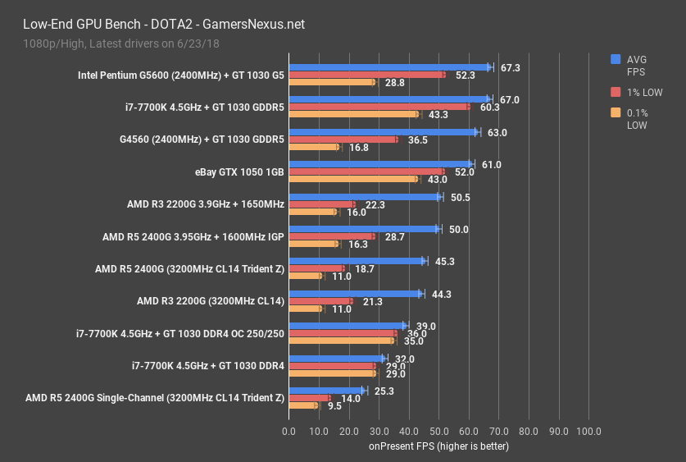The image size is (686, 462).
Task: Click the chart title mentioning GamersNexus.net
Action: tap(156, 24)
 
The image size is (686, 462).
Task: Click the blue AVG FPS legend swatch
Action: tap(616, 59)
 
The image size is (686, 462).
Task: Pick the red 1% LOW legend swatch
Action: tap(616, 92)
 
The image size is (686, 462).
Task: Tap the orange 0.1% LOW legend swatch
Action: tap(616, 112)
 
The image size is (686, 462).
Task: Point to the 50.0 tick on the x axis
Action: tap(438, 431)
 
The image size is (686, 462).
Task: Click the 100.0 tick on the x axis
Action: tap(588, 431)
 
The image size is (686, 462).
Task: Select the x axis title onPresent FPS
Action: tap(438, 446)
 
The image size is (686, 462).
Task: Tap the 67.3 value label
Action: tap(511, 67)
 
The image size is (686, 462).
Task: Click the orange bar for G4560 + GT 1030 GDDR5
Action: tap(314, 148)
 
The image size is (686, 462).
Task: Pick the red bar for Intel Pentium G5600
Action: tap(367, 75)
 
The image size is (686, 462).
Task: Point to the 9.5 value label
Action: tap(334, 405)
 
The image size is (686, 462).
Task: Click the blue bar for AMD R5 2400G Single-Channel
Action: tap(326, 391)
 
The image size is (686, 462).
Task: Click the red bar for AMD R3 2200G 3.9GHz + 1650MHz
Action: tap(322, 204)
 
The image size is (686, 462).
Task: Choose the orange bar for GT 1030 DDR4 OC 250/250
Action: tap(341, 341)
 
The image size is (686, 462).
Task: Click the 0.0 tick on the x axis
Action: tap(288, 431)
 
